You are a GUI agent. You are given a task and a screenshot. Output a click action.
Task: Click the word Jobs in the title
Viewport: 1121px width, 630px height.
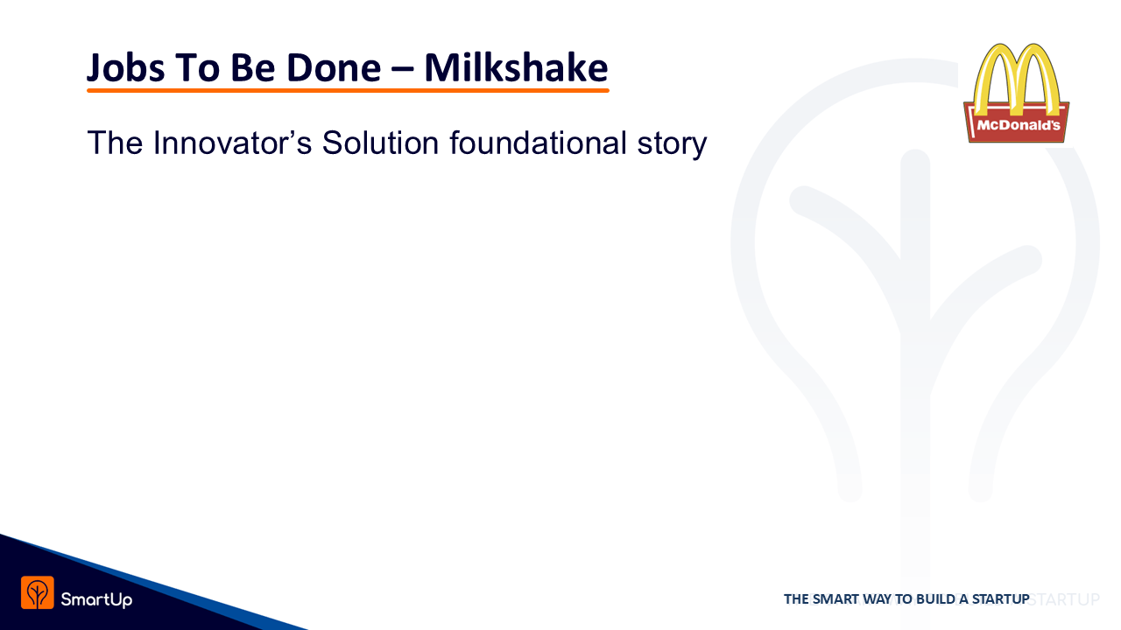(x=125, y=68)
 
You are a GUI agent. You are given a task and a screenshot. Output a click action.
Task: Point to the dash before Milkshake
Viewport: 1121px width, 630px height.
(x=402, y=70)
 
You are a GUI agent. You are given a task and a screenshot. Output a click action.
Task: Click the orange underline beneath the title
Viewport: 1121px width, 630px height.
(x=348, y=90)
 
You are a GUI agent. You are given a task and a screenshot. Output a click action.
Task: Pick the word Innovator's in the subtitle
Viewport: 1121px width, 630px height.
(x=232, y=143)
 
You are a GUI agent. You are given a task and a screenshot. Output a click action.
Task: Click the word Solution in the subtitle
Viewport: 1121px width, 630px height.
(x=380, y=143)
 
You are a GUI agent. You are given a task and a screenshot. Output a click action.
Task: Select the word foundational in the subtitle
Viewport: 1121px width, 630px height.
(x=538, y=143)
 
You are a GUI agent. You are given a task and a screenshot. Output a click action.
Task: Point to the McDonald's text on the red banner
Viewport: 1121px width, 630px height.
(x=1019, y=125)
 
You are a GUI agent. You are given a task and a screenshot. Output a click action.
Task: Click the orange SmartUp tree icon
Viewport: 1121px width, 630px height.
(x=38, y=592)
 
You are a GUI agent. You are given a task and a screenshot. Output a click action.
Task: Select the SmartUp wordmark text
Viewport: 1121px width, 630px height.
(x=96, y=599)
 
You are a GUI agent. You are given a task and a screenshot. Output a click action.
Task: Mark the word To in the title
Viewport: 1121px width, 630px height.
(x=197, y=68)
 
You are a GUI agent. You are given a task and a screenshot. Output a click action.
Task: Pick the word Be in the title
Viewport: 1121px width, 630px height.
(x=253, y=68)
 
